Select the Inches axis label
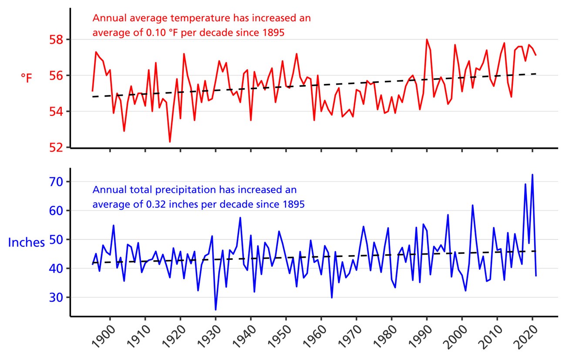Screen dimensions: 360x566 click(27, 242)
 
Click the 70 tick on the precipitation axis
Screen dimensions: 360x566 click(57, 182)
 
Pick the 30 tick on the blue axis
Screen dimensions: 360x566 click(57, 298)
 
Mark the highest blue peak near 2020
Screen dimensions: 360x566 click(532, 175)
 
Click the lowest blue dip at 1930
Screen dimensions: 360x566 click(216, 310)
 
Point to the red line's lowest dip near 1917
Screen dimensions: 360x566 click(170, 141)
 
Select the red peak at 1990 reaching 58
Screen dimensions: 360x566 click(427, 40)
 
